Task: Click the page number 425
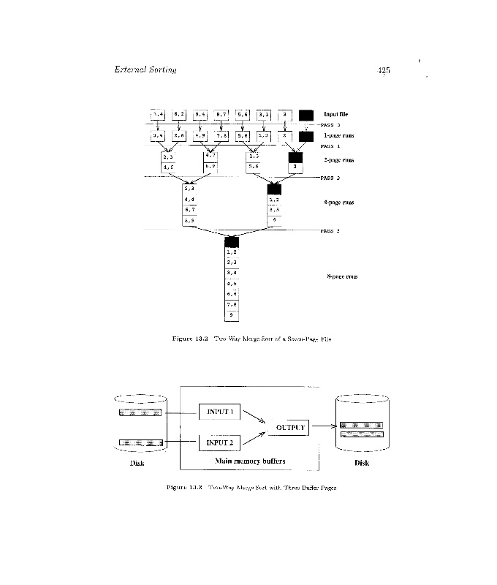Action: [384, 70]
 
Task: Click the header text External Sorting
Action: [145, 70]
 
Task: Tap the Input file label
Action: [335, 114]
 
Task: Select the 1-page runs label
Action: [338, 136]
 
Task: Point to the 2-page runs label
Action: [338, 159]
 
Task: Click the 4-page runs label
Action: [338, 202]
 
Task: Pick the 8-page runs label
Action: [342, 276]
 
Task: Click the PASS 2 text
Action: [330, 178]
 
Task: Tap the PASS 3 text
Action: [330, 231]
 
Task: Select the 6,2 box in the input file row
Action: [179, 115]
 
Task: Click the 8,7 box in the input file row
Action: [221, 115]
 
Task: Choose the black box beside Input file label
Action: [306, 115]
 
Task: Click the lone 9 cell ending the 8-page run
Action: [232, 314]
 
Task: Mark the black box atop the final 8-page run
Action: [232, 242]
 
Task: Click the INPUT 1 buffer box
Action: [219, 411]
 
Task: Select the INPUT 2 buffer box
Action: [219, 442]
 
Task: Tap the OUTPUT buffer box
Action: [289, 427]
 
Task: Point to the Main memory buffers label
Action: [250, 462]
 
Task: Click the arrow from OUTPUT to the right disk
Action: [322, 427]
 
